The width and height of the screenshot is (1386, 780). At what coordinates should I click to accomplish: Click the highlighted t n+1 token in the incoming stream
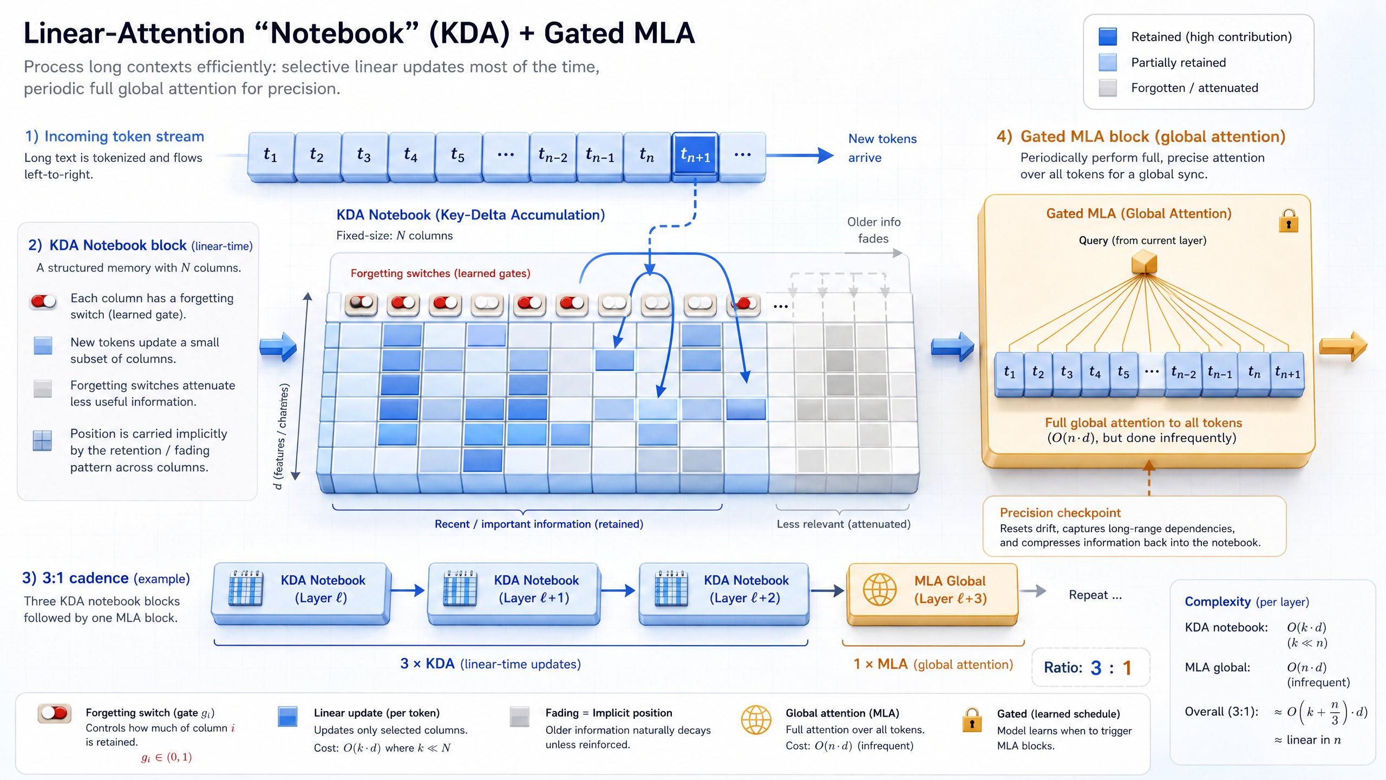pos(695,156)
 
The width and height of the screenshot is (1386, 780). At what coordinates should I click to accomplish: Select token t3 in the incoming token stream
pos(364,156)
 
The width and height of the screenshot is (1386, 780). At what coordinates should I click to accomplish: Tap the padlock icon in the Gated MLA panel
pos(1289,221)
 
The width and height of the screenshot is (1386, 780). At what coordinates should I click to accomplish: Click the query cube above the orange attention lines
pos(1144,263)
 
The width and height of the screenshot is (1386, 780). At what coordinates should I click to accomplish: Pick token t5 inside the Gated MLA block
pos(1123,373)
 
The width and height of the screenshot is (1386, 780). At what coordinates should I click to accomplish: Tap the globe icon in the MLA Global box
pos(879,590)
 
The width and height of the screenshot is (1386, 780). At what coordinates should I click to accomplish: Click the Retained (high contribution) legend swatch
pos(1108,37)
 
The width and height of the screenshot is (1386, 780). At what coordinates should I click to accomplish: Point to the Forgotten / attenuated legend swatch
pos(1108,88)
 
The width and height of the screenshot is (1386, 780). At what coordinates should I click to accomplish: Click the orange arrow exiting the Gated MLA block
pos(1343,346)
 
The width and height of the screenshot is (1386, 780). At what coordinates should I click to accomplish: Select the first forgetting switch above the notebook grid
pos(361,304)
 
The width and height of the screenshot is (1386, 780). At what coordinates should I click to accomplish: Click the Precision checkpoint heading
pos(1060,512)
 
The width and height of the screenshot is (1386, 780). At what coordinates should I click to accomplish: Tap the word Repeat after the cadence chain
pos(1088,595)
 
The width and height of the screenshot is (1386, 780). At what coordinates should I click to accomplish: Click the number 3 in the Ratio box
pos(1096,668)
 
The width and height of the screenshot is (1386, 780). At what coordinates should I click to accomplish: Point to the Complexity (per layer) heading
pos(1246,602)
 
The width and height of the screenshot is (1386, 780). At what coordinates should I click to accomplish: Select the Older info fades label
pos(874,230)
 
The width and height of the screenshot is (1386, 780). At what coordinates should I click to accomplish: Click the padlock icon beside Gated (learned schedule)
pos(972,720)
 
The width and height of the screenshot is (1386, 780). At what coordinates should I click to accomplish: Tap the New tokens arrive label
pos(882,148)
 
